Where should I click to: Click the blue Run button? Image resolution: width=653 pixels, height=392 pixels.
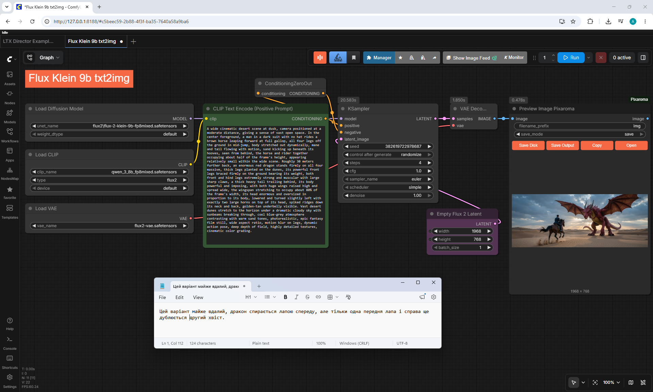(x=571, y=58)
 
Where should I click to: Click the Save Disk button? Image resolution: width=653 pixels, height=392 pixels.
(x=528, y=145)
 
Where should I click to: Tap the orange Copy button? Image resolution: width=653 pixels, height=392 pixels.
(x=597, y=145)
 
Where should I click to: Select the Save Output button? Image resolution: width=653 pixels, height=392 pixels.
(x=563, y=145)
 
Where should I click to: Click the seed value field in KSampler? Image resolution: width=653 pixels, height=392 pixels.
(x=388, y=146)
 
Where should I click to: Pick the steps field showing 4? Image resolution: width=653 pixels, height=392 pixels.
(x=388, y=163)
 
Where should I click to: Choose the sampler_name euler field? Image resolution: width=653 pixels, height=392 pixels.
(x=388, y=179)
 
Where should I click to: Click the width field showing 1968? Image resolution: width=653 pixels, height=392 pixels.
(x=462, y=231)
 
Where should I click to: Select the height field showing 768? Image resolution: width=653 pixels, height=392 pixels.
(x=462, y=239)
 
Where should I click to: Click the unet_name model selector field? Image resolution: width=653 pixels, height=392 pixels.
(x=109, y=126)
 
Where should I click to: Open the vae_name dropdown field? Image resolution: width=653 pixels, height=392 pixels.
(x=109, y=226)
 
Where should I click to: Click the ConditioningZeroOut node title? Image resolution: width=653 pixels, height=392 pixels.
(x=288, y=83)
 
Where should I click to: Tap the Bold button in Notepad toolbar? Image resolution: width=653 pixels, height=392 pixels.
(x=285, y=297)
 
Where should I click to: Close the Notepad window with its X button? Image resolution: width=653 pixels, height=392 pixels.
(x=433, y=282)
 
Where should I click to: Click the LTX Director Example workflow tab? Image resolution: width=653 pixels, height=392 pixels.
(x=28, y=41)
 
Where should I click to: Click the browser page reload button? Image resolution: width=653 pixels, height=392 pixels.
(x=32, y=21)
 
